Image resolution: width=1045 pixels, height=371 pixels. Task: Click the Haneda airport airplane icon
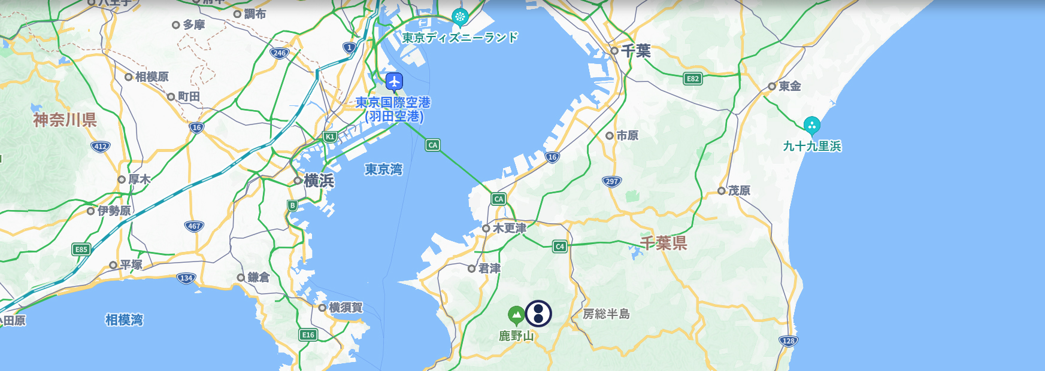click(x=394, y=81)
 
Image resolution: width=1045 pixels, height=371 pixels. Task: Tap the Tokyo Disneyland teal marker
click(x=460, y=17)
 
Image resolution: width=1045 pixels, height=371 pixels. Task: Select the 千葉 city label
click(x=635, y=51)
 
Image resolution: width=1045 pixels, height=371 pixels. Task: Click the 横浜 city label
click(x=319, y=181)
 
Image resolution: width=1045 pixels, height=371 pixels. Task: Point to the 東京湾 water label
click(x=383, y=170)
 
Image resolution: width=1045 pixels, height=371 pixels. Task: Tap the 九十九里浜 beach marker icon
click(x=811, y=126)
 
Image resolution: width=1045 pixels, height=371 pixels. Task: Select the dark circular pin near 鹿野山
click(x=538, y=313)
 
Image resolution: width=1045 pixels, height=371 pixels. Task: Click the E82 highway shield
click(x=693, y=78)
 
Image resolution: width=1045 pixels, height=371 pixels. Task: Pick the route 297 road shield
click(x=611, y=181)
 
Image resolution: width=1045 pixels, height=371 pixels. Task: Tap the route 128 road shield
click(x=789, y=341)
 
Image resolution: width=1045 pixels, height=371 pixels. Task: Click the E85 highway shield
click(x=81, y=250)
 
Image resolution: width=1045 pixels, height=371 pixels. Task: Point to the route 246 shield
click(x=280, y=53)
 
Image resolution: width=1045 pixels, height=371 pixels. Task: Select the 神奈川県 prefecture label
click(x=65, y=120)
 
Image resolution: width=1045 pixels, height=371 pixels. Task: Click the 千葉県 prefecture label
click(x=664, y=243)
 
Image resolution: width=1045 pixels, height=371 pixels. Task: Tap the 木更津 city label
click(x=509, y=228)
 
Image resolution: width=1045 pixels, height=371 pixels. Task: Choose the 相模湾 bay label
click(x=124, y=320)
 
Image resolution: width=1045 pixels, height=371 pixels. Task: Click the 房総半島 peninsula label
click(x=606, y=314)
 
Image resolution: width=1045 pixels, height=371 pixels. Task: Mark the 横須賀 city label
click(x=346, y=308)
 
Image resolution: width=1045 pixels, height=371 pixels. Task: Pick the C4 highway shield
click(x=559, y=247)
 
